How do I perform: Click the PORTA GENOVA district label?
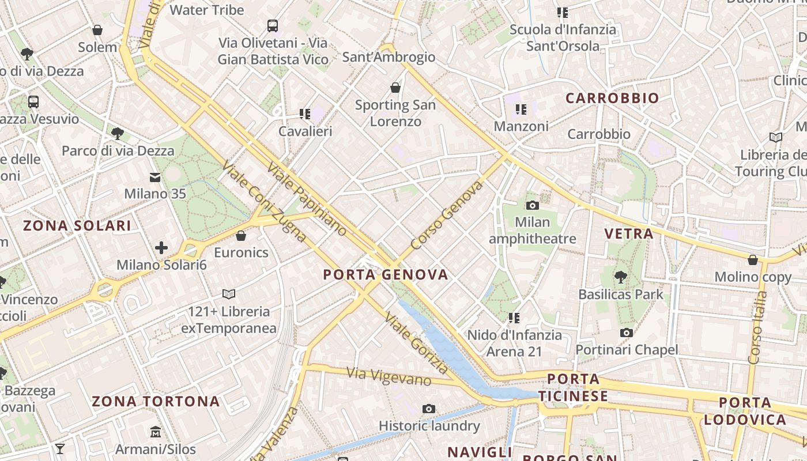pyautogui.click(x=386, y=274)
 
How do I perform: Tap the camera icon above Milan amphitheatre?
pyautogui.click(x=533, y=205)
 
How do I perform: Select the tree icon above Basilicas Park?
pyautogui.click(x=620, y=277)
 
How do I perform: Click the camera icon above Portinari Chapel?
pyautogui.click(x=627, y=332)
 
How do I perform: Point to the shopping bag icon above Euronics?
pyautogui.click(x=241, y=236)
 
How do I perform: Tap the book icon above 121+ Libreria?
pyautogui.click(x=229, y=294)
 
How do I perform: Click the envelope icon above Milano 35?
pyautogui.click(x=155, y=177)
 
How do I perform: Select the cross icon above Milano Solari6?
pyautogui.click(x=161, y=248)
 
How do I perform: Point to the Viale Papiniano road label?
pyautogui.click(x=307, y=199)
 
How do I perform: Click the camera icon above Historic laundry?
pyautogui.click(x=429, y=409)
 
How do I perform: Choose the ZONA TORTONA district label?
pyautogui.click(x=156, y=401)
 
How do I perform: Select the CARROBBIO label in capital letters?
pyautogui.click(x=612, y=98)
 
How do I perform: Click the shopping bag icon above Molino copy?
pyautogui.click(x=753, y=260)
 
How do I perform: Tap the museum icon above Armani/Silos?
pyautogui.click(x=156, y=432)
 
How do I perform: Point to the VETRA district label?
pyautogui.click(x=629, y=233)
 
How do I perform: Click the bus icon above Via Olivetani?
pyautogui.click(x=273, y=26)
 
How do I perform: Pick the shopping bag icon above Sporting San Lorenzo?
pyautogui.click(x=395, y=88)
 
